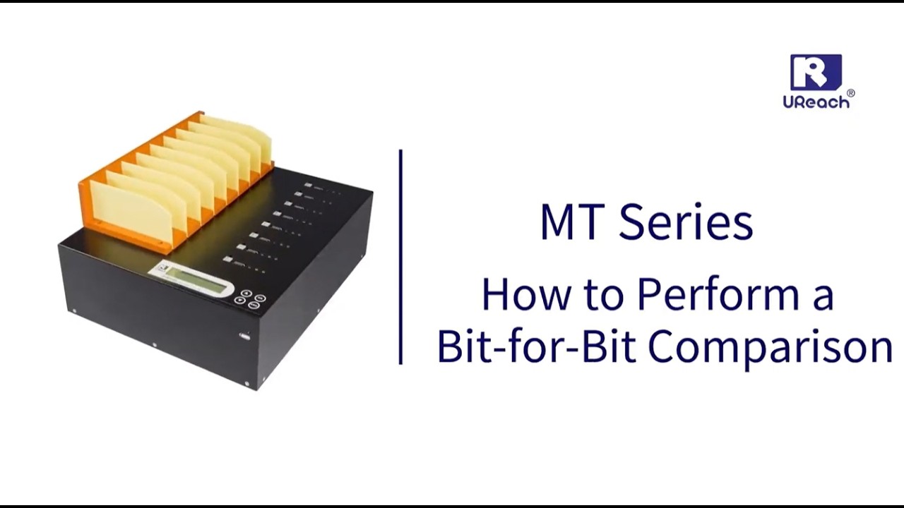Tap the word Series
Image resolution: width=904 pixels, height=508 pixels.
coord(685,222)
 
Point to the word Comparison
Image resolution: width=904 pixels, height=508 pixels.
coord(770,346)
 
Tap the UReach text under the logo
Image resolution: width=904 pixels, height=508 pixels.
coord(816,101)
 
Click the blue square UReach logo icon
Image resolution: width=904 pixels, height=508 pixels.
coord(816,72)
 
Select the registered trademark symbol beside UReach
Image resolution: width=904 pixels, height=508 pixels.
coord(850,93)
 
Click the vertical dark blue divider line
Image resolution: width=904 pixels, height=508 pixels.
coord(400,258)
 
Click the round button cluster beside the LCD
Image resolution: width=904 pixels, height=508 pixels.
coord(251,298)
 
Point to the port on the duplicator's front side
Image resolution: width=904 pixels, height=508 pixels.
coord(244,337)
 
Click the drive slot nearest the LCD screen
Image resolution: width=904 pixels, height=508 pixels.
coord(228,260)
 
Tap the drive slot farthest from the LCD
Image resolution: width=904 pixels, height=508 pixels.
coord(308,186)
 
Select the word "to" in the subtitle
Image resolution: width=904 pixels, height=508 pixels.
coord(604,295)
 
